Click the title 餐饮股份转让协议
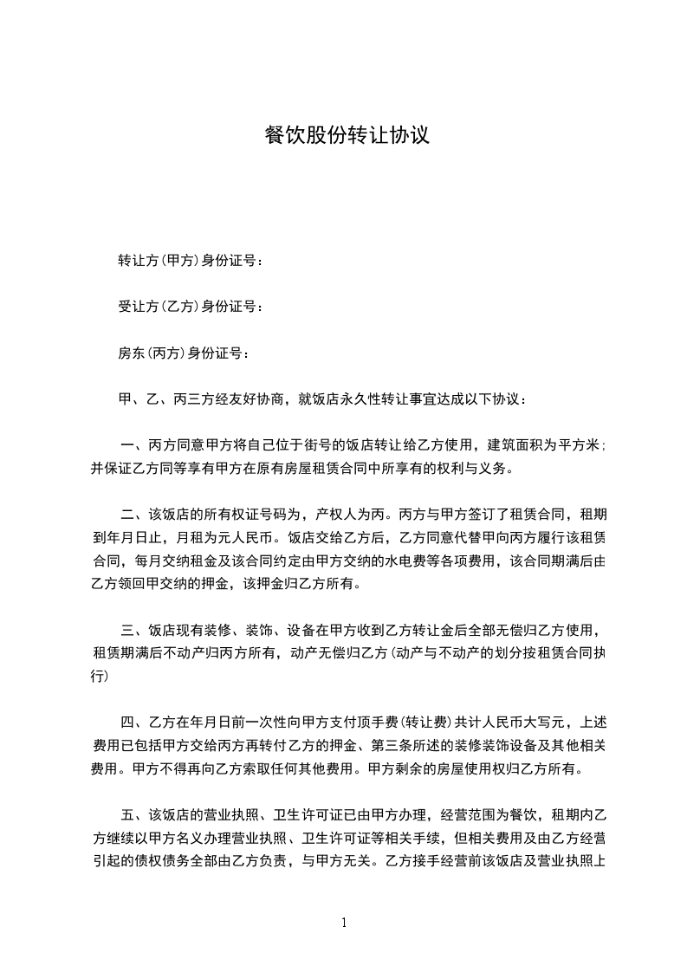346,136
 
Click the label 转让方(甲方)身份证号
187,260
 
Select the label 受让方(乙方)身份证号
187,306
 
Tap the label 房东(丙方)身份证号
180,353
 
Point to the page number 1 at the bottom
344,923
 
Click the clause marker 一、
133,446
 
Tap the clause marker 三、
133,628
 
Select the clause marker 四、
133,722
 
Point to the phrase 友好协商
260,399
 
